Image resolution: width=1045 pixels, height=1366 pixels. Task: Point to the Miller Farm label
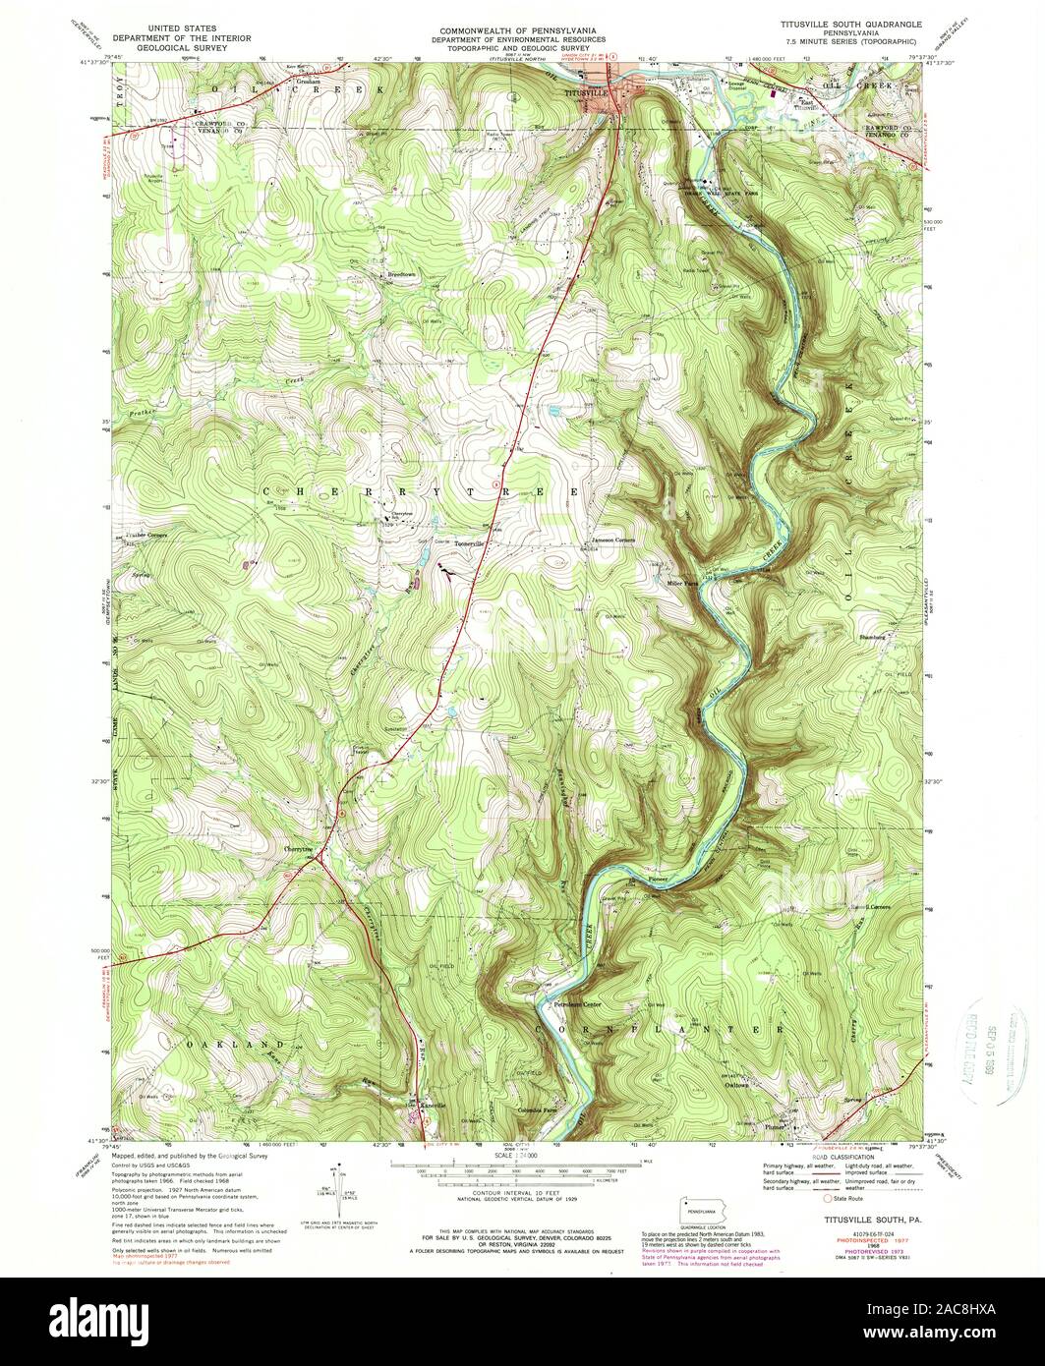(x=682, y=581)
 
